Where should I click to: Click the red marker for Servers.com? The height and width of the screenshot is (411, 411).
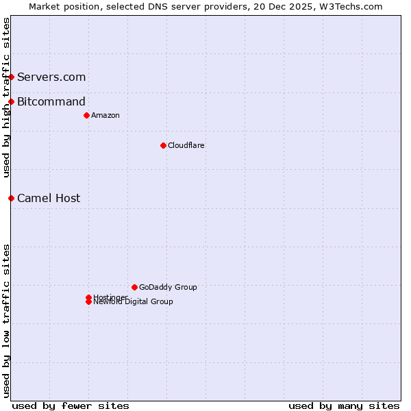(12, 77)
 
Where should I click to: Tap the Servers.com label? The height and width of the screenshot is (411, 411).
(51, 77)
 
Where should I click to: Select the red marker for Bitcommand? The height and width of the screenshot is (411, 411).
(12, 102)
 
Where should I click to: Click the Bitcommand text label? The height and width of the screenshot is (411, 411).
(51, 102)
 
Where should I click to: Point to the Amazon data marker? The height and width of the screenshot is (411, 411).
(86, 115)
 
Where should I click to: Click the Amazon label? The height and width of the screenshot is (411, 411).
(105, 115)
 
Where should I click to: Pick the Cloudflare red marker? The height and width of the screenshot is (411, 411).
(163, 145)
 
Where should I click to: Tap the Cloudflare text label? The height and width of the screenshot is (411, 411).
(186, 145)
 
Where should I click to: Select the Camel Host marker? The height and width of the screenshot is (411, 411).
(12, 198)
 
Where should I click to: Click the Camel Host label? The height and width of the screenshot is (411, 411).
(49, 198)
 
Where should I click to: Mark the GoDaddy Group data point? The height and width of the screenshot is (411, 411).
(134, 287)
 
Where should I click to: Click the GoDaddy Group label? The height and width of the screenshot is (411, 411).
(168, 287)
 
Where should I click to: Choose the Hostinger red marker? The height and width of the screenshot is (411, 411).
(88, 297)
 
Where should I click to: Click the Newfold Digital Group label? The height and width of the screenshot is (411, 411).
(133, 302)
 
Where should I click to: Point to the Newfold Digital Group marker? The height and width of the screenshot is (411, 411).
(88, 302)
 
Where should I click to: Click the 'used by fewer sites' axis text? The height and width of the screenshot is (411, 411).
(71, 406)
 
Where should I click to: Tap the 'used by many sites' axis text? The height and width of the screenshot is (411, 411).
(344, 406)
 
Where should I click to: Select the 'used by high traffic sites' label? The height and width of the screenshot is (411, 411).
(6, 97)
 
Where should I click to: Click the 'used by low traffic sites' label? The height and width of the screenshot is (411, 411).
(6, 321)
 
